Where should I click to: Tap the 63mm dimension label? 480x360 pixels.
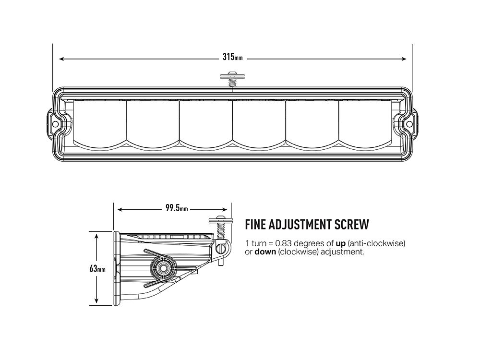pos(97,268)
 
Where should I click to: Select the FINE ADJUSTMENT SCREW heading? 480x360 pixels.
pos(307,224)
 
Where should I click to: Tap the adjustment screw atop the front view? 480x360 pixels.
pos(232,79)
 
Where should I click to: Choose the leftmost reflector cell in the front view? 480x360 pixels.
pos(99,122)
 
